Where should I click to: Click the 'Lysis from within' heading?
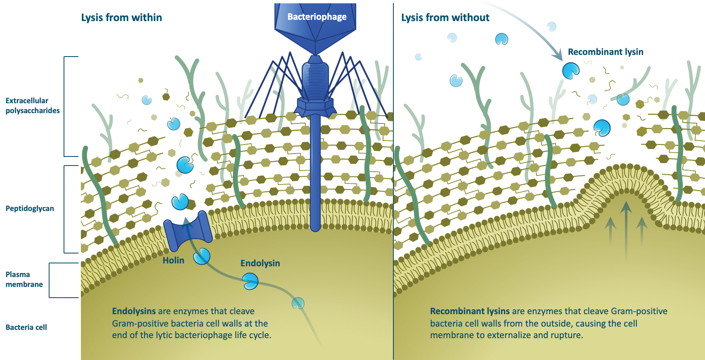pos(121,17)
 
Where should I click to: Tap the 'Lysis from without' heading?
pos(445,17)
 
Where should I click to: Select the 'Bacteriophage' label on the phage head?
pos(317,17)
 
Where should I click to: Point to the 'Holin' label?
pos(173,260)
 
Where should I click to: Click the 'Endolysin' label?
pos(260,263)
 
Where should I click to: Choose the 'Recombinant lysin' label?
pos(606,52)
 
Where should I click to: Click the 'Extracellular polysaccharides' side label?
pos(33,106)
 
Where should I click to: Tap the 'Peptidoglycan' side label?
pos(30,208)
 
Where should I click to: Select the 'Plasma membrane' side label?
pos(24,279)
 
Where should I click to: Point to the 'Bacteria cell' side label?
pos(26,327)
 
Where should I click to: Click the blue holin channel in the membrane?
pos(188,231)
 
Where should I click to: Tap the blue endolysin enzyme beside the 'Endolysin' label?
pos(250,281)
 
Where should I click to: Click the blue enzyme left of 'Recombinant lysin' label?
pos(571,71)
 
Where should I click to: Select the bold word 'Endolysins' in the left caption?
pos(134,311)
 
